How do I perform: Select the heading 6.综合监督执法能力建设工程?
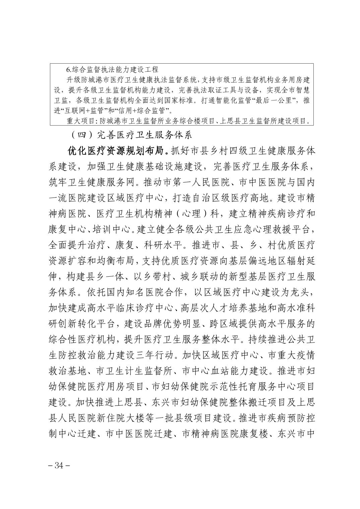click(x=112, y=70)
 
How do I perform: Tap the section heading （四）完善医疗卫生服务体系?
click(x=131, y=135)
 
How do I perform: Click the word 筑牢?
click(x=57, y=183)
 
